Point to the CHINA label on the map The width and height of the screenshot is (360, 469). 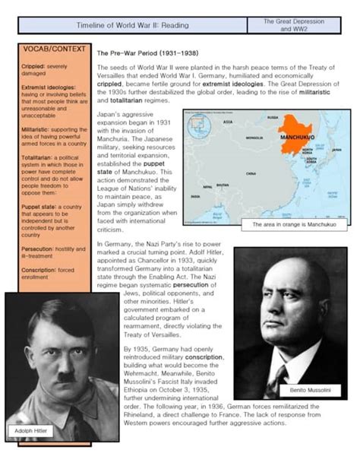click(251, 173)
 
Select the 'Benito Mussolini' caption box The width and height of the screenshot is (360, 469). click(314, 390)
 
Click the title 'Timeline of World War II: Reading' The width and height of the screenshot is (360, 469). click(132, 24)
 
